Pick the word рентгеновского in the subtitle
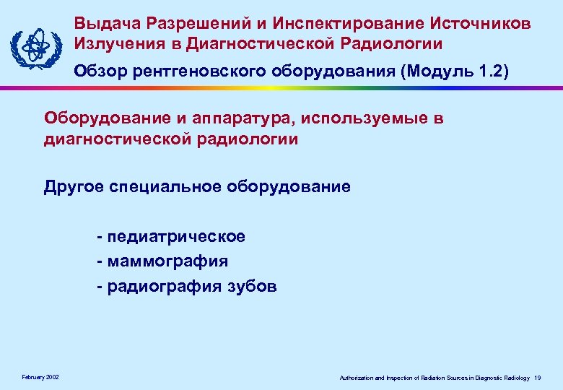[204, 71]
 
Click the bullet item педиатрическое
[176, 236]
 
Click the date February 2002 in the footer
[41, 377]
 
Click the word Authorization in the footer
[358, 378]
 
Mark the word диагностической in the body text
[115, 139]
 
